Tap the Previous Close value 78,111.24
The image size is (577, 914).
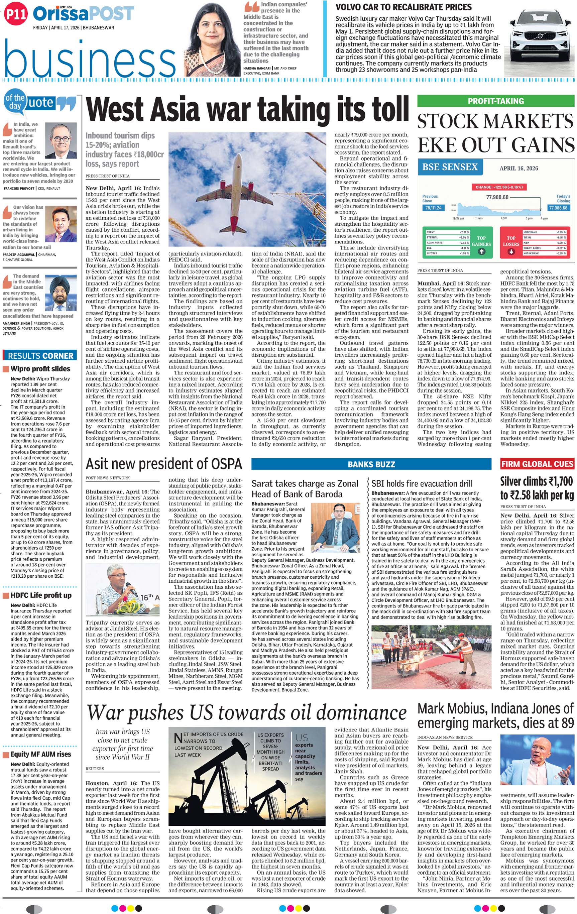pyautogui.click(x=433, y=208)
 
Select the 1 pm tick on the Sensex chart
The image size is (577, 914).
pyautogui.click(x=504, y=218)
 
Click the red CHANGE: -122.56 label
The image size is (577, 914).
pyautogui.click(x=499, y=187)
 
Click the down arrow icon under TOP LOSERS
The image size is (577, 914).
pyautogui.click(x=511, y=251)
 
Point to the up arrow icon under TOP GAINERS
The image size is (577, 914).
pyautogui.click(x=481, y=251)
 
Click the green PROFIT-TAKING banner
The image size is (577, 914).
pyautogui.click(x=496, y=101)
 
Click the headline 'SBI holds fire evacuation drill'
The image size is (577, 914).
pyautogui.click(x=422, y=483)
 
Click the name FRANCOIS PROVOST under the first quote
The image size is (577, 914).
pyautogui.click(x=19, y=188)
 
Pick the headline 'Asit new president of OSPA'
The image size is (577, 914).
pyautogui.click(x=163, y=464)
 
